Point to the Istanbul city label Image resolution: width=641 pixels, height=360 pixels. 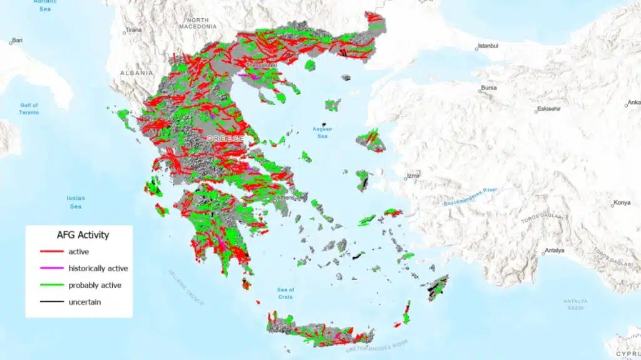coord(489,46)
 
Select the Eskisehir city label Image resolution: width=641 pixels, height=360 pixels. coord(552,108)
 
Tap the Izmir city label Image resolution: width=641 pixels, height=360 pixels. coord(413,176)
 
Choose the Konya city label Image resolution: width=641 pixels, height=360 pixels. coord(622,202)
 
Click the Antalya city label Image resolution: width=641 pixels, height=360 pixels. coord(554,250)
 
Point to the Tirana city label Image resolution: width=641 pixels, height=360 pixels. coord(133,30)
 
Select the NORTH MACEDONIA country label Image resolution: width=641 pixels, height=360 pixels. coord(198,23)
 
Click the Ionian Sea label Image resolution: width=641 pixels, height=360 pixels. coord(75,202)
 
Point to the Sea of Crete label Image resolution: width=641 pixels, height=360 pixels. coord(285,292)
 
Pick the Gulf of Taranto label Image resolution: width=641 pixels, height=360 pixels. coord(29,109)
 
